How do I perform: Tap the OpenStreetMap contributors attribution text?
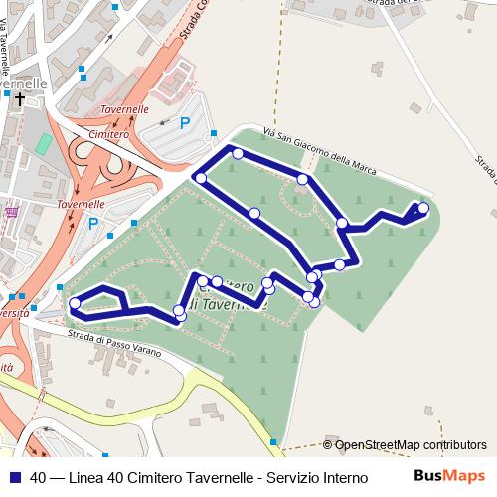pos(411,446)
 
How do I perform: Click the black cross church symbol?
pos(20,99)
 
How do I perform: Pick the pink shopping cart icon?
pos(11,212)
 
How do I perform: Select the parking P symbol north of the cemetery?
pos(184,123)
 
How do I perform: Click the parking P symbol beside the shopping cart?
pos(93,223)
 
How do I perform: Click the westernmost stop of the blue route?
pos(75,304)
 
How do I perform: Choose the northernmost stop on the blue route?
pos(238,153)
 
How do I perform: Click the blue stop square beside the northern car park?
pos(213,134)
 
